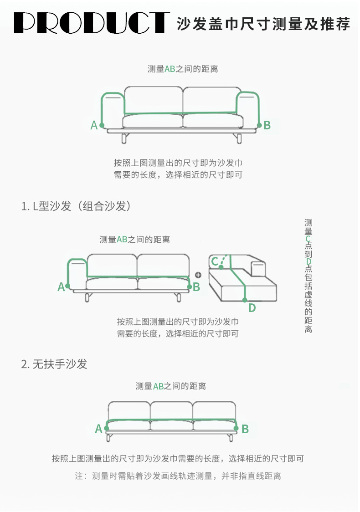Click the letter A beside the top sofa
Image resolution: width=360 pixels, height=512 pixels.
(94, 125)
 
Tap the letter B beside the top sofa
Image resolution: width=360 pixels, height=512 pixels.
(267, 125)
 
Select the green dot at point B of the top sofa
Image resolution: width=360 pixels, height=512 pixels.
(260, 125)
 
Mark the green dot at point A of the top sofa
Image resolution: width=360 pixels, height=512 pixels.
(102, 125)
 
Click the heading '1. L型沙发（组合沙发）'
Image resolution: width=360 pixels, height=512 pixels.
(77, 206)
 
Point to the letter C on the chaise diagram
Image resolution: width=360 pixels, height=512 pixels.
(214, 261)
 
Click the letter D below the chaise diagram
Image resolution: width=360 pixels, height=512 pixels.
(252, 308)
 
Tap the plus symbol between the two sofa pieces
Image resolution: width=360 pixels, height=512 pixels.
(198, 275)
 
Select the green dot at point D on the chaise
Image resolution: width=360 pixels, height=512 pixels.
(245, 300)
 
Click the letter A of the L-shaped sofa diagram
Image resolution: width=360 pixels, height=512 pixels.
(61, 287)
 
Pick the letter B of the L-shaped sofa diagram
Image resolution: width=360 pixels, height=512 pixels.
(196, 287)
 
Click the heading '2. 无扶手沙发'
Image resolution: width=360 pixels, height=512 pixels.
(54, 364)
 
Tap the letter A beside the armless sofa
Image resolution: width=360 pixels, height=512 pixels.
(98, 429)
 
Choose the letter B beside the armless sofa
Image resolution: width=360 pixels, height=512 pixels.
(245, 429)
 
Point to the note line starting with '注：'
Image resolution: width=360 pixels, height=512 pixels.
(178, 476)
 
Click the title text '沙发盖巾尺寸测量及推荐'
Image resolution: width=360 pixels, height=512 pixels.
(263, 23)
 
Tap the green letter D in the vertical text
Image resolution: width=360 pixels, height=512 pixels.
(309, 262)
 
